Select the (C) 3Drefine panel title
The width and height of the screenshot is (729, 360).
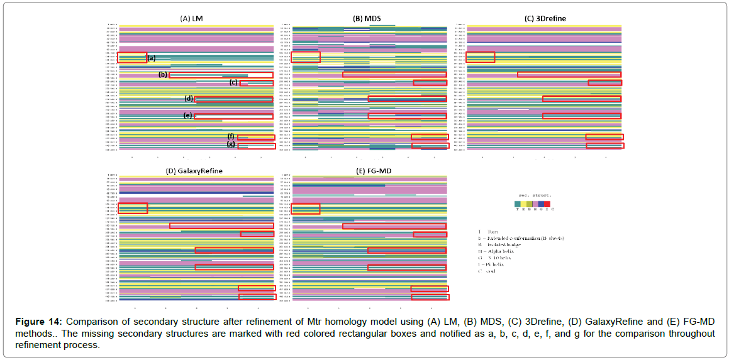click(x=545, y=19)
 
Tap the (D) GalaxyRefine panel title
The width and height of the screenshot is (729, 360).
click(x=194, y=171)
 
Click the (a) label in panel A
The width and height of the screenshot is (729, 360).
click(x=151, y=59)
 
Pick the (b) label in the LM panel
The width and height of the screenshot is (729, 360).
click(x=163, y=75)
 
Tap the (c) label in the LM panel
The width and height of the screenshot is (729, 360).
click(x=233, y=82)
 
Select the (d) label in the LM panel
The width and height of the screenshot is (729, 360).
click(x=189, y=99)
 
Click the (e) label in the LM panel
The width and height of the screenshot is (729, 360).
click(x=187, y=116)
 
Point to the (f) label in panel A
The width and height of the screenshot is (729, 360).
click(x=231, y=137)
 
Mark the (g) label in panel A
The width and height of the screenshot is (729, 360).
click(x=231, y=145)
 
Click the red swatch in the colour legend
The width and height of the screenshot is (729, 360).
click(x=548, y=203)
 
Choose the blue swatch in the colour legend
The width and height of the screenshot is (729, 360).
click(x=542, y=203)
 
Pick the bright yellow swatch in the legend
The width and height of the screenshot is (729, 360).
click(x=523, y=203)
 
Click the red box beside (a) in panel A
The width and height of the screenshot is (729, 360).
click(x=132, y=57)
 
